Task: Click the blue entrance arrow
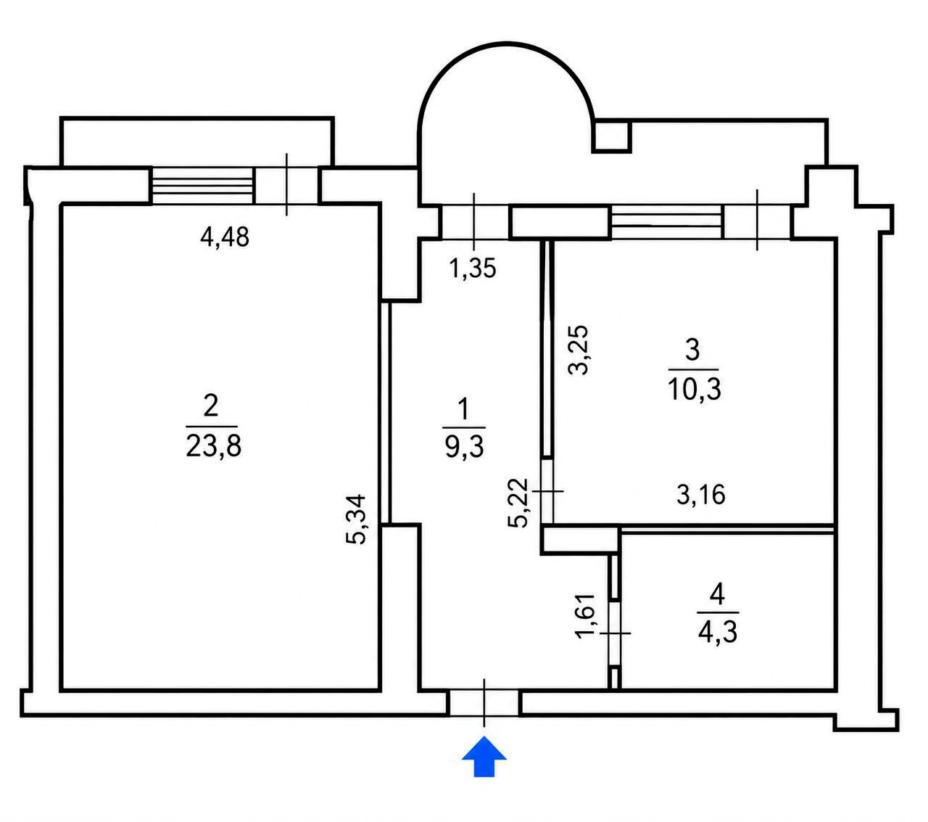coord(484,757)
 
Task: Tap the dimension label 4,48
coord(225,237)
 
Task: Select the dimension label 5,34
coord(357,519)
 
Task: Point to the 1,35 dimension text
coord(472,268)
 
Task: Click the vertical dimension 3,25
coord(577,350)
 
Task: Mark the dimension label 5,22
coord(519,503)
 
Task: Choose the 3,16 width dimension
coord(701,495)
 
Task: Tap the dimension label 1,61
coord(585,616)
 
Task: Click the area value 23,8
coord(213,445)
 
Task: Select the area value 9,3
coord(464,446)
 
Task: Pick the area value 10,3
coord(695,390)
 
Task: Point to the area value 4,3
coord(717,633)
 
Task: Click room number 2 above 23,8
coord(210,406)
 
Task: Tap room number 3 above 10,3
coord(692,350)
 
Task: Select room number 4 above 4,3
coord(717,595)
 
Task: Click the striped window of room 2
coord(202,186)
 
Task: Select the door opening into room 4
coord(614,633)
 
